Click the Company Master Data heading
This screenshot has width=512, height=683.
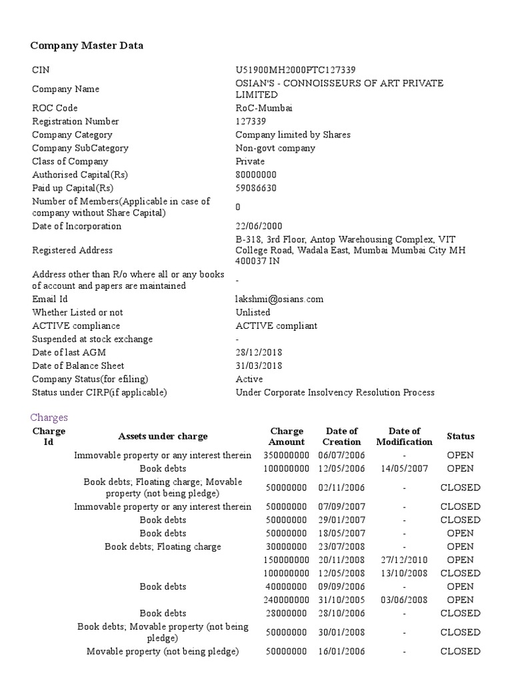(87, 45)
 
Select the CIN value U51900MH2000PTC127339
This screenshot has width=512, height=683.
(295, 70)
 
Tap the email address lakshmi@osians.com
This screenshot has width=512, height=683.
(279, 299)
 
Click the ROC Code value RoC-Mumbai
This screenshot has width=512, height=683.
(264, 108)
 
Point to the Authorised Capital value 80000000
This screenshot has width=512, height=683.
(256, 175)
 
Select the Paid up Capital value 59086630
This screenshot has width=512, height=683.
(256, 188)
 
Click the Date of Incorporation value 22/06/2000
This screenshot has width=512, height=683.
(259, 226)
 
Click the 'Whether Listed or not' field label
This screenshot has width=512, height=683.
(77, 312)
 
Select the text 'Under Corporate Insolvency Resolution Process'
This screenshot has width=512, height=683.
(335, 392)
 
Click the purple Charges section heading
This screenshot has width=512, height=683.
(49, 418)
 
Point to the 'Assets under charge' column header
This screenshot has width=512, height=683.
(163, 436)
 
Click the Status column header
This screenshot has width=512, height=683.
(461, 436)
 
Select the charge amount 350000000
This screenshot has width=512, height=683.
(286, 455)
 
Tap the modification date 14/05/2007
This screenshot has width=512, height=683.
(404, 468)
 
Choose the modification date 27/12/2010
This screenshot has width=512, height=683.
(404, 560)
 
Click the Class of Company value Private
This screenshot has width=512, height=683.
(250, 161)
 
